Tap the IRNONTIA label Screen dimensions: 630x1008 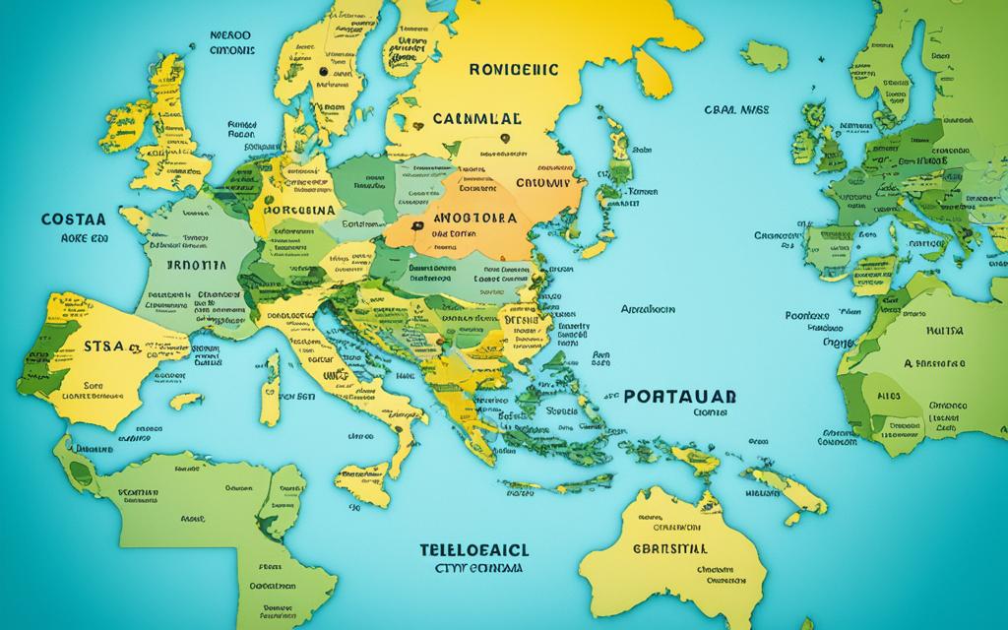[x=188, y=265]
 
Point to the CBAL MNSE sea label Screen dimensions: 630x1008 [x=737, y=111]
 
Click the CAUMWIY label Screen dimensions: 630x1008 [x=543, y=181]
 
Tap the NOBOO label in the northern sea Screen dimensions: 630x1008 [x=230, y=33]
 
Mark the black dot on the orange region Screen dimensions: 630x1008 [x=417, y=225]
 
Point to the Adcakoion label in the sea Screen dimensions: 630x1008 [x=647, y=308]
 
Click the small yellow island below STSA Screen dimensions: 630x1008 [x=186, y=401]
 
